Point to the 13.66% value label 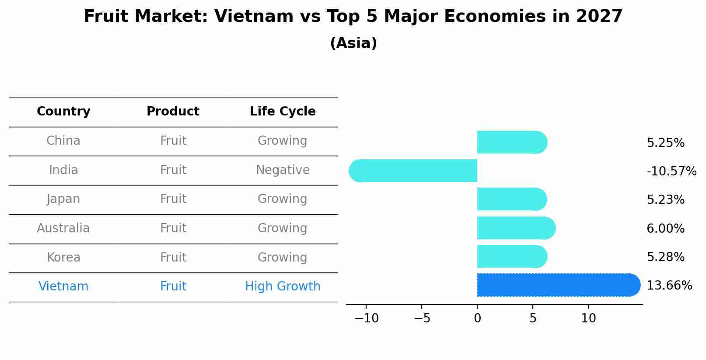pyautogui.click(x=669, y=286)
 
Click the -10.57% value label pyautogui.click(x=671, y=171)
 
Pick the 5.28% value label pyautogui.click(x=665, y=257)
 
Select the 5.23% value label pyautogui.click(x=665, y=200)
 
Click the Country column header pyautogui.click(x=63, y=112)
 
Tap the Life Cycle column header pyautogui.click(x=283, y=112)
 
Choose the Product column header pyautogui.click(x=173, y=112)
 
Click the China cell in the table pyautogui.click(x=63, y=141)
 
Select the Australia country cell pyautogui.click(x=63, y=228)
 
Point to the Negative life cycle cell pyautogui.click(x=283, y=170)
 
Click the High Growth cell pyautogui.click(x=283, y=287)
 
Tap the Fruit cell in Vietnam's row pyautogui.click(x=173, y=287)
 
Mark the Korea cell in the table pyautogui.click(x=63, y=257)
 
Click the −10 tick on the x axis pyautogui.click(x=367, y=318)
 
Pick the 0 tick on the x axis pyautogui.click(x=477, y=318)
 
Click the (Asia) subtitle pyautogui.click(x=353, y=43)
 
